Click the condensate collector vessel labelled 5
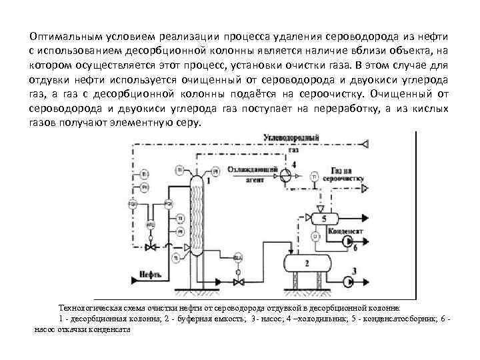tap(323, 218)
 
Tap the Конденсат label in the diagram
tap(344, 230)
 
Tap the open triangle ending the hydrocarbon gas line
tap(365, 143)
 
